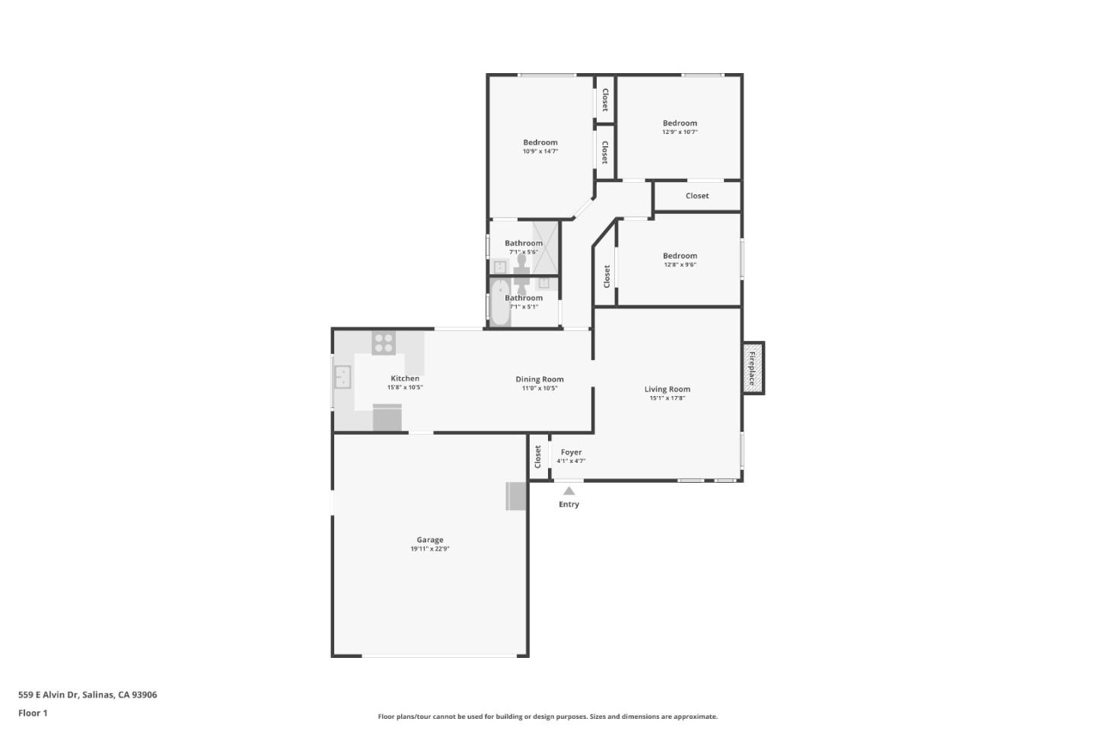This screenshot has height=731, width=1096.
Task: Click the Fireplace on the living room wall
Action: [753, 369]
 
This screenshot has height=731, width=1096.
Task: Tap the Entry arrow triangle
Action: [569, 491]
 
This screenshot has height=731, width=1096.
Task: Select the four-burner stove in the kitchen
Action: [383, 343]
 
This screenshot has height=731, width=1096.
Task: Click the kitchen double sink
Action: [342, 377]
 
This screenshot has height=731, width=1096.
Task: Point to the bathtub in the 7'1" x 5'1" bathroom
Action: [499, 303]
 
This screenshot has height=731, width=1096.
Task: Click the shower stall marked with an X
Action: [545, 247]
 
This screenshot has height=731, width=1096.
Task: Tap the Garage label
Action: [429, 540]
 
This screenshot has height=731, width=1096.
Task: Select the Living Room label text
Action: [667, 389]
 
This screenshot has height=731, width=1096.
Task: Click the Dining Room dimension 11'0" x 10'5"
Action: [539, 388]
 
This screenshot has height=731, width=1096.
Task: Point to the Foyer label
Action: [571, 452]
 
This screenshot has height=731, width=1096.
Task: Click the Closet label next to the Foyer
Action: [538, 457]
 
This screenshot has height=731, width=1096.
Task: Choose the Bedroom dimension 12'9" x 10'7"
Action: [680, 132]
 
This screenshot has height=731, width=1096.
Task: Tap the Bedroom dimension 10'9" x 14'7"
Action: [540, 152]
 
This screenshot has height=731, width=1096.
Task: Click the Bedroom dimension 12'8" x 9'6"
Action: [680, 265]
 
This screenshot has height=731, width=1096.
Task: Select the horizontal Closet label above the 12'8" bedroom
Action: [696, 196]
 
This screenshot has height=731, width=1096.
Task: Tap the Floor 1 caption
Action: [33, 713]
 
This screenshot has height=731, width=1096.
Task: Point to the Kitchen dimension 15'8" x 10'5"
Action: [405, 388]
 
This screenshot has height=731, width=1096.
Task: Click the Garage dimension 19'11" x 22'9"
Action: [429, 549]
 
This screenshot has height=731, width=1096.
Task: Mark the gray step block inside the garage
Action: [516, 496]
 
